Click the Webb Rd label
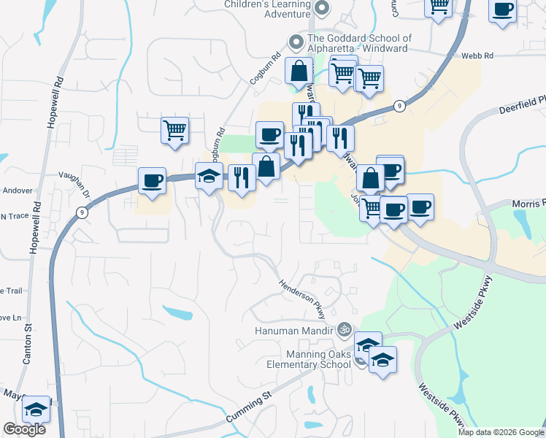[x=477, y=55]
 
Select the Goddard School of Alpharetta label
[x=360, y=44]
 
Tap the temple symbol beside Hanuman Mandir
[x=345, y=330]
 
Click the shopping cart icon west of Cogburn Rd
[x=174, y=131]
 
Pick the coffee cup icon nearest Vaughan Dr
[x=152, y=180]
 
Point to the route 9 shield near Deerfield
[x=399, y=106]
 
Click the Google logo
[x=24, y=429]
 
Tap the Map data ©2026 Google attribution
[x=501, y=432]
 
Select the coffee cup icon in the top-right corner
[x=502, y=11]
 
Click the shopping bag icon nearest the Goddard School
[x=299, y=72]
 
